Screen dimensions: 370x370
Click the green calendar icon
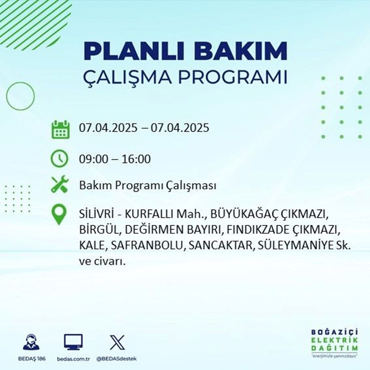point(60,129)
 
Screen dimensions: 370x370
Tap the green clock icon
point(60,159)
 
